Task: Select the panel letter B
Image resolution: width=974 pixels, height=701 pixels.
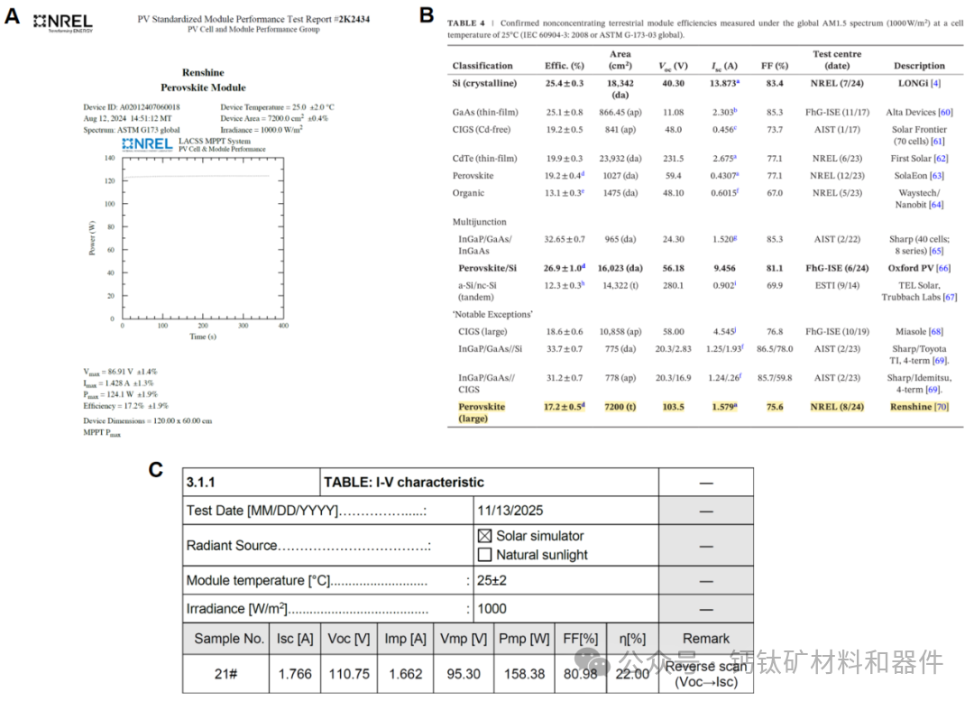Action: pyautogui.click(x=427, y=14)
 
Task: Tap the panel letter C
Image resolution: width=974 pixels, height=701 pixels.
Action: pyautogui.click(x=156, y=470)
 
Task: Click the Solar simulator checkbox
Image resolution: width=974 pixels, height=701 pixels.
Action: pyautogui.click(x=484, y=536)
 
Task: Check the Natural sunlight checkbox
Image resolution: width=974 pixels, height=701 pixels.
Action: pyautogui.click(x=484, y=555)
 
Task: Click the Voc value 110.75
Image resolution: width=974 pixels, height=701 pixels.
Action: pyautogui.click(x=349, y=674)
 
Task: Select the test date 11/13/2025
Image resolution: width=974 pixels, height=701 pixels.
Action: pyautogui.click(x=510, y=511)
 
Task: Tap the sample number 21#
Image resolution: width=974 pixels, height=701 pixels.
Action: pyautogui.click(x=225, y=674)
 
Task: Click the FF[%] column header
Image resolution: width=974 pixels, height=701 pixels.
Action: pyautogui.click(x=580, y=639)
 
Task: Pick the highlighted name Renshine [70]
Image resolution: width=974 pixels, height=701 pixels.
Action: pyautogui.click(x=919, y=407)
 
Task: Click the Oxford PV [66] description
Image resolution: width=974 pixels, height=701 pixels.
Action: pyautogui.click(x=919, y=268)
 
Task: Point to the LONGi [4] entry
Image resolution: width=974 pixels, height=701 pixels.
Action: pyautogui.click(x=919, y=84)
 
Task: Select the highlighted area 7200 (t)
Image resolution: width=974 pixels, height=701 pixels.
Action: pyautogui.click(x=620, y=407)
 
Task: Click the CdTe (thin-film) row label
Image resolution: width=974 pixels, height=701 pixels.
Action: pyautogui.click(x=485, y=159)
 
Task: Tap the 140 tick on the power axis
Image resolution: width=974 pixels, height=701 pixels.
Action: pyautogui.click(x=110, y=158)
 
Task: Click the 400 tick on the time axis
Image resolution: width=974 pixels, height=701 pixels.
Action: pyautogui.click(x=283, y=326)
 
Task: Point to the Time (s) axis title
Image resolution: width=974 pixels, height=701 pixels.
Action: pyautogui.click(x=203, y=337)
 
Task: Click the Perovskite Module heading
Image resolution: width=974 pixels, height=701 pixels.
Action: pyautogui.click(x=203, y=88)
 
